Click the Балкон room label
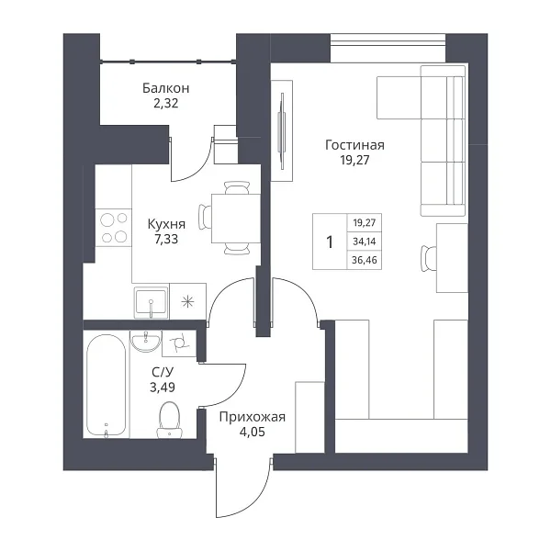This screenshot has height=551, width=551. tap(166, 88)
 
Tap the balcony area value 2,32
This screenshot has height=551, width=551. tap(166, 103)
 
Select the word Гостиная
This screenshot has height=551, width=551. tap(354, 145)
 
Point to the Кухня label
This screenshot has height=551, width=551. tap(166, 224)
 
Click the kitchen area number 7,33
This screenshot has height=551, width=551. tap(166, 240)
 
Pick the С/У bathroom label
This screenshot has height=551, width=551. tap(163, 372)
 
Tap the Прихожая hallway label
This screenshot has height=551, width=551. tap(253, 417)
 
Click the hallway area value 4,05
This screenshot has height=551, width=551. tap(253, 432)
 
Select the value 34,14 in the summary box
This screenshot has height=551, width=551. tap(365, 242)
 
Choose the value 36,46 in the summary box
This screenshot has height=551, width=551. tap(365, 260)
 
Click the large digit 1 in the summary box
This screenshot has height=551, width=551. tap(330, 242)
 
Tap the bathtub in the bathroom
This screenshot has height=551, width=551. tap(106, 385)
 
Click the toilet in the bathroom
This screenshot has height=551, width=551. tap(170, 420)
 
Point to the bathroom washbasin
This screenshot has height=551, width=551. tap(146, 341)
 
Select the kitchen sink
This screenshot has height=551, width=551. tap(151, 302)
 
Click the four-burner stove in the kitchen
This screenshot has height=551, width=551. tap(114, 228)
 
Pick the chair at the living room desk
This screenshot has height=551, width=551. tap(428, 258)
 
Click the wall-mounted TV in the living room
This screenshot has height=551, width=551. tap(282, 131)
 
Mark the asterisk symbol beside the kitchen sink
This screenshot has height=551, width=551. tap(187, 301)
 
